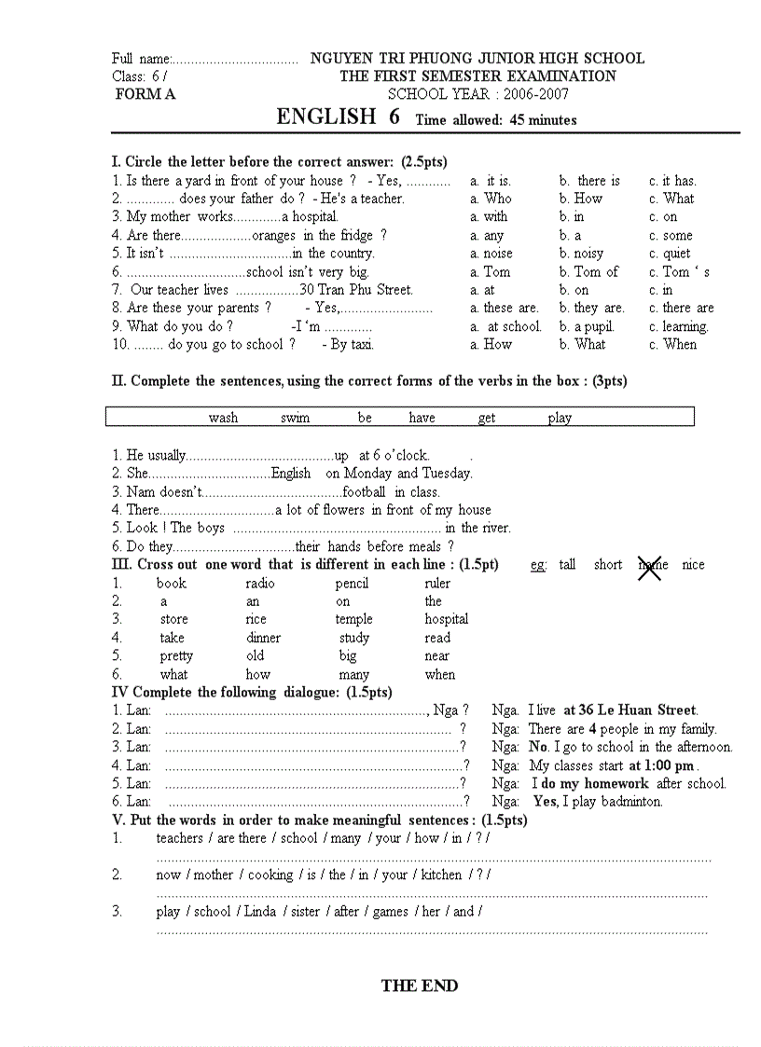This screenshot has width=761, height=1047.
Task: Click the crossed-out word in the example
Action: pyautogui.click(x=651, y=565)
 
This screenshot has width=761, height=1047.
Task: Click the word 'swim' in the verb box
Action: pyautogui.click(x=295, y=418)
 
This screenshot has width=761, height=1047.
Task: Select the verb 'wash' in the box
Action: pyautogui.click(x=223, y=418)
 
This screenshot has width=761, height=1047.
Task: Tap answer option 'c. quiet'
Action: pyautogui.click(x=671, y=254)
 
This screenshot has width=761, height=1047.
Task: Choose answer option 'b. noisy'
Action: pyautogui.click(x=581, y=254)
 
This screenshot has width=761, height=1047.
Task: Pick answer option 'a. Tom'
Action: pyautogui.click(x=491, y=272)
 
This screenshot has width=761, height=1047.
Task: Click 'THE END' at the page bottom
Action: pyautogui.click(x=420, y=985)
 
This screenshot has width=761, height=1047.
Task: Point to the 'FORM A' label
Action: pyautogui.click(x=145, y=94)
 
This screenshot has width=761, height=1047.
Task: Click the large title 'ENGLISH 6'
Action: pyautogui.click(x=338, y=117)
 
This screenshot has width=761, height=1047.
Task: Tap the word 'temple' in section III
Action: pyautogui.click(x=353, y=619)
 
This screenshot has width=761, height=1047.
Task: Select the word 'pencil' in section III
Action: pyautogui.click(x=352, y=584)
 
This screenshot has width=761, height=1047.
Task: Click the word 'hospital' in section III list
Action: pyautogui.click(x=447, y=619)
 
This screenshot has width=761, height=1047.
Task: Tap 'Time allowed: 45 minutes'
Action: pyautogui.click(x=496, y=120)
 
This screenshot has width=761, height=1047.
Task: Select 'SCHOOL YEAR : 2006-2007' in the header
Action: pyautogui.click(x=478, y=94)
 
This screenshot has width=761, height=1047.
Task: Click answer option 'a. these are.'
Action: pyautogui.click(x=505, y=308)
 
